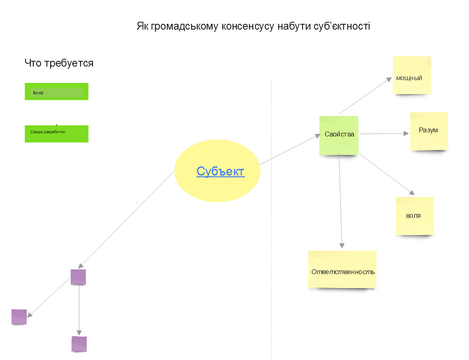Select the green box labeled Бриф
pyautogui.click(x=56, y=92)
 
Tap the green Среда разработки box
pyautogui.click(x=56, y=134)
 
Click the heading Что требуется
pyautogui.click(x=59, y=63)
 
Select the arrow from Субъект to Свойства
pyautogui.click(x=290, y=149)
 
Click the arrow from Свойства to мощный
pyautogui.click(x=365, y=96)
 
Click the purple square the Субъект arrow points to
pyautogui.click(x=78, y=277)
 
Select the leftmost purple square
pyautogui.click(x=19, y=317)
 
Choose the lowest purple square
pyautogui.click(x=79, y=344)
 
